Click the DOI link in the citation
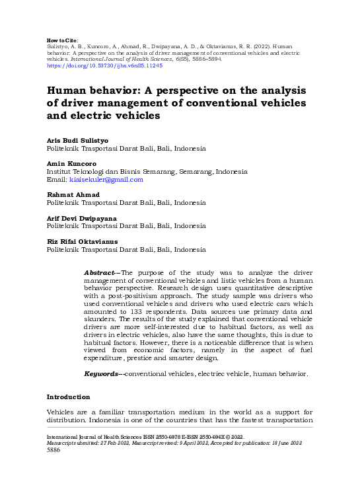(x=104, y=67)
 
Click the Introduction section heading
(x=68, y=397)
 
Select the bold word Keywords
(x=102, y=374)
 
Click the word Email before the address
(x=57, y=180)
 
